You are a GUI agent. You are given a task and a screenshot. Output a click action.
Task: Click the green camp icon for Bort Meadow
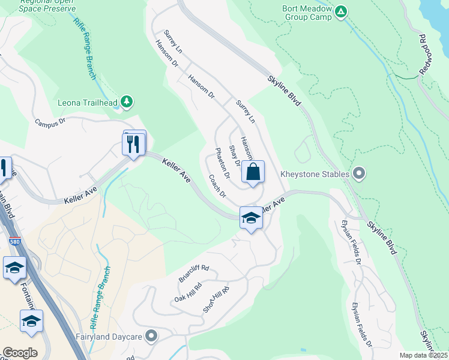click(x=341, y=11)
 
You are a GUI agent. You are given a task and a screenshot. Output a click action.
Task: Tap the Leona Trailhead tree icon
click(x=126, y=102)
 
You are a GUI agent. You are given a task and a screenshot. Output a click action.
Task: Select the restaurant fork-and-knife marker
click(x=134, y=144)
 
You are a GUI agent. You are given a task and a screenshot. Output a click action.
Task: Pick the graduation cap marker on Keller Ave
click(x=251, y=218)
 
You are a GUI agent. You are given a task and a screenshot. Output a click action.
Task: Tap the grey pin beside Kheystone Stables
click(x=359, y=175)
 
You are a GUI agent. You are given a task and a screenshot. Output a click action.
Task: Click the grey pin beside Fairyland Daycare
click(x=151, y=337)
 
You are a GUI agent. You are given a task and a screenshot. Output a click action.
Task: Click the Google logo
click(x=20, y=353)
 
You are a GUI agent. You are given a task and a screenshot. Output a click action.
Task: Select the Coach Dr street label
click(x=217, y=186)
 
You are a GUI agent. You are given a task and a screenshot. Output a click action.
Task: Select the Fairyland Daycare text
click(x=109, y=337)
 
